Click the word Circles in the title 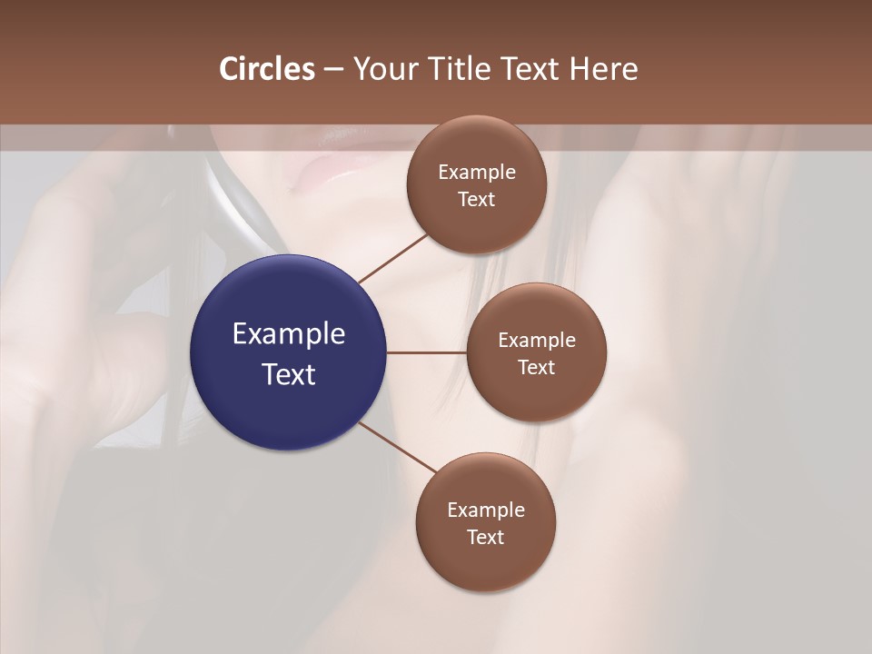pos(267,69)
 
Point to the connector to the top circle pos(393,258)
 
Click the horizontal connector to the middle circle pos(426,352)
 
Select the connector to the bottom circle pos(398,448)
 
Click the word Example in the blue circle pos(288,334)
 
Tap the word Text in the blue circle pos(288,374)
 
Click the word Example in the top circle pos(476,173)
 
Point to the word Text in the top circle pos(476,199)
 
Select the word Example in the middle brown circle pos(536,341)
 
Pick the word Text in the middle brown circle pos(536,367)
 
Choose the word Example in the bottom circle pos(485,510)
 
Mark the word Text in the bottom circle pos(485,537)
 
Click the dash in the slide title pos(333,70)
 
